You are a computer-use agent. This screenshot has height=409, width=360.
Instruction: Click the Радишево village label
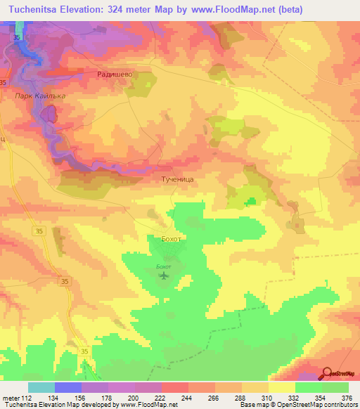pos(114,73)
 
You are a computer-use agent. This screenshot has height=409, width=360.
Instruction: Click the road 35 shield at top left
pos(17,34)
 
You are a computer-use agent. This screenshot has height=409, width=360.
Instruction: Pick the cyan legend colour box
pos(41,387)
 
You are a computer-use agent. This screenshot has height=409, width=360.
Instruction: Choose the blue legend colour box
pos(68,387)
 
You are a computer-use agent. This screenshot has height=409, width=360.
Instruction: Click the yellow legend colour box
pos(282,387)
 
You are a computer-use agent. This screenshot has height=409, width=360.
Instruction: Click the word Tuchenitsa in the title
pos(36,11)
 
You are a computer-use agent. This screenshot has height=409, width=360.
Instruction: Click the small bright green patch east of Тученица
pos(250,202)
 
